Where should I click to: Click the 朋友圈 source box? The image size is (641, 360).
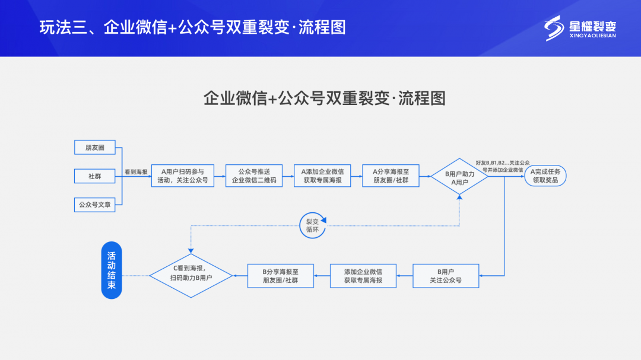click(94, 147)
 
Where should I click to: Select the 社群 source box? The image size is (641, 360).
click(94, 176)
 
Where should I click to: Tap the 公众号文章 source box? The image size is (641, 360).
click(94, 205)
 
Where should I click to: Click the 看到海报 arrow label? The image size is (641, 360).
click(136, 172)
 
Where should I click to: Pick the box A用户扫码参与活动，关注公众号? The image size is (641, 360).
click(183, 176)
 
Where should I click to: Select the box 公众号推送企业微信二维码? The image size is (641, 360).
click(253, 176)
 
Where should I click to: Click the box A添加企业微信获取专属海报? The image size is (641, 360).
click(322, 176)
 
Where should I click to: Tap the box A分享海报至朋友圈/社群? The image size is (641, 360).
click(391, 176)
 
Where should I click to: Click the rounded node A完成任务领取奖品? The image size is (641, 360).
click(545, 176)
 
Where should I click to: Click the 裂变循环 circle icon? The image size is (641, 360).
click(312, 225)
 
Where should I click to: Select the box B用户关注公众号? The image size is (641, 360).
click(446, 276)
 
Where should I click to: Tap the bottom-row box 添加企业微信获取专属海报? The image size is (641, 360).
click(363, 276)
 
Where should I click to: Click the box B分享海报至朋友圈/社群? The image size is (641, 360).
click(280, 276)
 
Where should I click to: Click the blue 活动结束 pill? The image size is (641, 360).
click(111, 270)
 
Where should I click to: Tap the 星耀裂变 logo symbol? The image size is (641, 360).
click(554, 28)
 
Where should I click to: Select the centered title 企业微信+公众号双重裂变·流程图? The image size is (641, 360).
click(324, 98)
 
